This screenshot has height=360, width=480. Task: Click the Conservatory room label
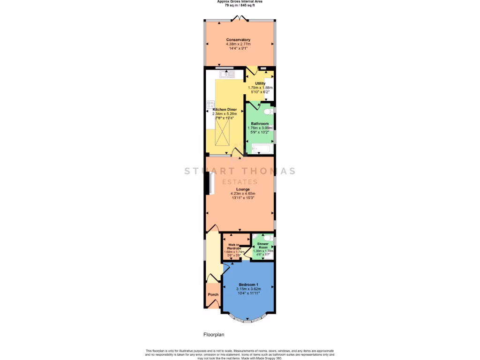[x=238, y=40]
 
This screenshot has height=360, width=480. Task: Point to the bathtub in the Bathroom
[x=261, y=150]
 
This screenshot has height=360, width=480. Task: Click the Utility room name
[x=260, y=83]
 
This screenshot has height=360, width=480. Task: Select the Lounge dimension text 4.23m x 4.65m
[x=242, y=194]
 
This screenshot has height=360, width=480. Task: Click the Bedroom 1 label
[x=248, y=285]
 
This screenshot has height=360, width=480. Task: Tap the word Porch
[x=213, y=295]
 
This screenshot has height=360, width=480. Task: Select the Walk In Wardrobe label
[x=234, y=246]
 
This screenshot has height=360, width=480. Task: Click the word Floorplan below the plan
[x=214, y=335]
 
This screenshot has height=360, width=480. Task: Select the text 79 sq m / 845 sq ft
[x=240, y=5]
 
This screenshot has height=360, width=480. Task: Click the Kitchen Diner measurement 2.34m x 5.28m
[x=225, y=114]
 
